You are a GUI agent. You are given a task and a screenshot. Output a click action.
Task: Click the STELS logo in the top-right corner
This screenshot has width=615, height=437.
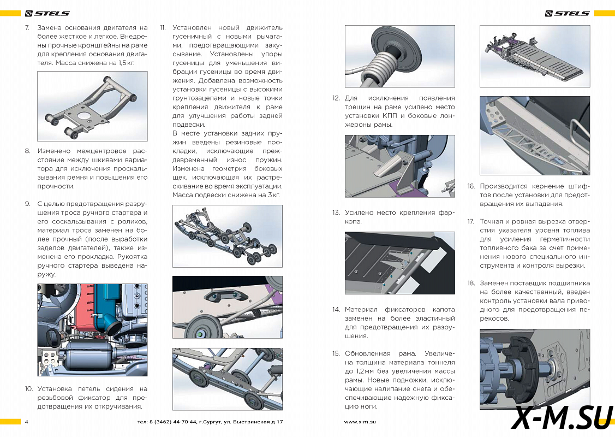[568, 13]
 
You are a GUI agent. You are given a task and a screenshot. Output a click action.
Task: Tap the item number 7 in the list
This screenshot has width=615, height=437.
[27, 27]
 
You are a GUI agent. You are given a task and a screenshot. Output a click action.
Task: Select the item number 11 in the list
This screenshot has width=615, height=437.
[163, 27]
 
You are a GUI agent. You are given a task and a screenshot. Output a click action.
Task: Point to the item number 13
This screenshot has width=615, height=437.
[336, 212]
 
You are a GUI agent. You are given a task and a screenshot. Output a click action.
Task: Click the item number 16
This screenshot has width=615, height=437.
[471, 186]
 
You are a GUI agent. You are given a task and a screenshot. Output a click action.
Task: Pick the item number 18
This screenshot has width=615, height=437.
[471, 284]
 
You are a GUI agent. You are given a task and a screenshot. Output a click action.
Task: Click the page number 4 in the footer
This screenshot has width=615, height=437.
[27, 422]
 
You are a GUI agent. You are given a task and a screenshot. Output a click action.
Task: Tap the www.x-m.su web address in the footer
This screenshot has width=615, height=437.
[360, 422]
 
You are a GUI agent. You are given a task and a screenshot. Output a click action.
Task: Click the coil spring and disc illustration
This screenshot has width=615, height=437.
[399, 56]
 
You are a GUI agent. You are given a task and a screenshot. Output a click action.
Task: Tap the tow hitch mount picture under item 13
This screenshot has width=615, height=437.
[399, 263]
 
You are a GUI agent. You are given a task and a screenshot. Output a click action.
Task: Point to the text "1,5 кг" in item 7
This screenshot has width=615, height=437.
[125, 63]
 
